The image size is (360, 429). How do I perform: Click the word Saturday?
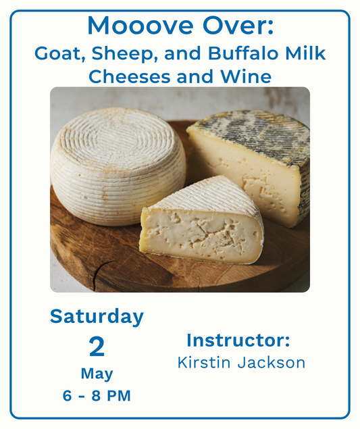(x=97, y=316)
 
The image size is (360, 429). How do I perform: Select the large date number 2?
(x=97, y=347)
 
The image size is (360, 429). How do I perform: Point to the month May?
(x=97, y=374)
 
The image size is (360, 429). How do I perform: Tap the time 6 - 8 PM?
(x=97, y=396)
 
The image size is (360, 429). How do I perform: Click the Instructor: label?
(x=238, y=339)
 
